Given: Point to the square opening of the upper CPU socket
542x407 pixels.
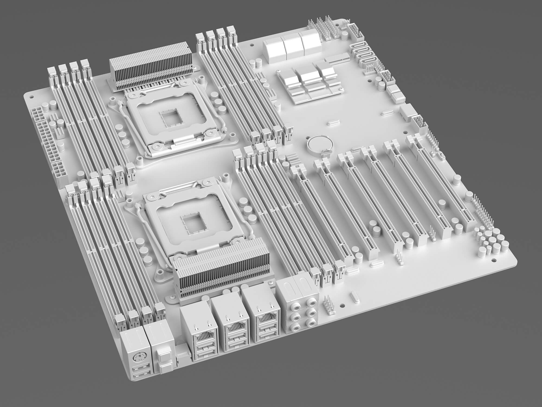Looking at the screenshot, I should (170, 117).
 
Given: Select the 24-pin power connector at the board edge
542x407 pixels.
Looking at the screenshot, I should (46, 136).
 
